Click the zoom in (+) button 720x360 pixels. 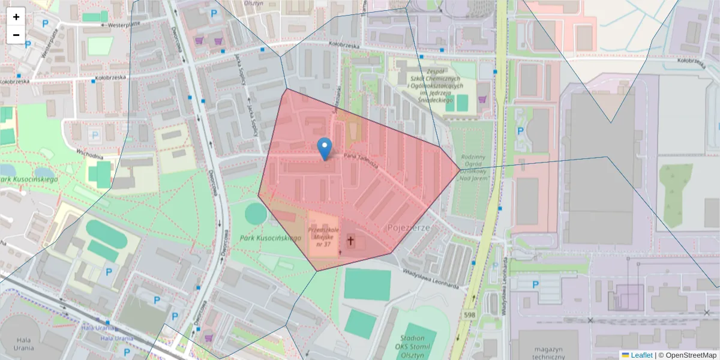[x=16, y=17]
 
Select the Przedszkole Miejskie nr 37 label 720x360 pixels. [x=323, y=237]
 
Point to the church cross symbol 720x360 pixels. [x=350, y=242]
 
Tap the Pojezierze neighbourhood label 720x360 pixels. [x=410, y=228]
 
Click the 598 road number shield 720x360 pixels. [x=470, y=314]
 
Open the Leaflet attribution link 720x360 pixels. [x=641, y=355]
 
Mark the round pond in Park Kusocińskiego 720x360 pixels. [x=256, y=214]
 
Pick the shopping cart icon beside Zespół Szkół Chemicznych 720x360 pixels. [x=481, y=100]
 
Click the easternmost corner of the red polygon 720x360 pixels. [x=460, y=169]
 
